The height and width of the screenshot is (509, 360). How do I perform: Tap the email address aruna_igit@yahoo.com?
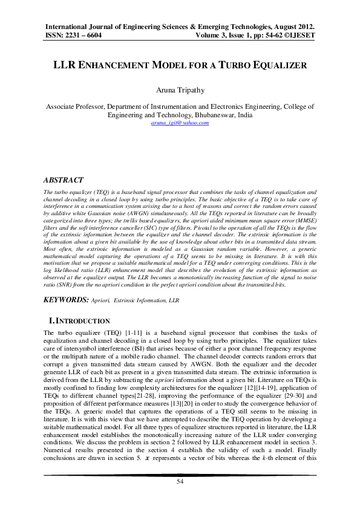point(180,123)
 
